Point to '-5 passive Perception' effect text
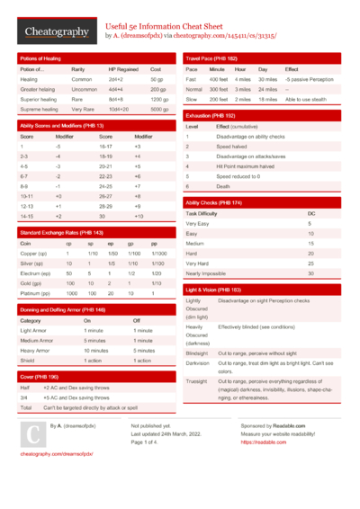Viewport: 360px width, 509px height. click(x=309, y=79)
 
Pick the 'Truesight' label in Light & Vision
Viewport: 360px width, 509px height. click(x=195, y=381)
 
